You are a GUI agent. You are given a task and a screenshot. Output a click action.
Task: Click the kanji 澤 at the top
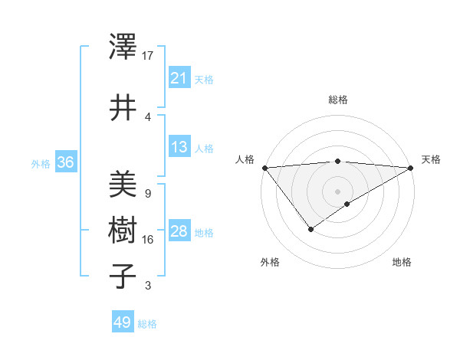coord(123,48)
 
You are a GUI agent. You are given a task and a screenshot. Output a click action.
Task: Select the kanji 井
coord(123,107)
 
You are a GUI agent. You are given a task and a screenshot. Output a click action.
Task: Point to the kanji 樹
coord(123,231)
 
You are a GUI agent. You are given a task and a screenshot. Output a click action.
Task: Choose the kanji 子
coord(123,276)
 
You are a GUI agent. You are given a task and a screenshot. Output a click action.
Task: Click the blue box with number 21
coord(179,78)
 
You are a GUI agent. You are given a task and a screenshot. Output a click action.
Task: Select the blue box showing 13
coord(179,147)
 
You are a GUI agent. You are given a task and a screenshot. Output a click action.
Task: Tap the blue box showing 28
coord(179,231)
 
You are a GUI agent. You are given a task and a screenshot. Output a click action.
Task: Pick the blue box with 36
coord(65,162)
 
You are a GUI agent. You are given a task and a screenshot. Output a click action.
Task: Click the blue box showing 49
coord(123,322)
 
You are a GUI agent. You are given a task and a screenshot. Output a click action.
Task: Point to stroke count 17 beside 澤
coord(148,55)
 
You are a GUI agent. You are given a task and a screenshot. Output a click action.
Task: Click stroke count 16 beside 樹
coord(148,240)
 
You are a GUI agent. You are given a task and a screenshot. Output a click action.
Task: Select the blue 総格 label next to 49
coord(147,324)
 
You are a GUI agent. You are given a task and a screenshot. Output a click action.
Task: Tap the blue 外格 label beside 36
coord(41,163)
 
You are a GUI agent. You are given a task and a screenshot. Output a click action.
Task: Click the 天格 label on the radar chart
coord(431,159)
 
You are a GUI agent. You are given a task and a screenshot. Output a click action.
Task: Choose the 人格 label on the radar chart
coord(245,159)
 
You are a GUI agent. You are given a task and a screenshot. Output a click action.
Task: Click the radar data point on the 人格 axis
coord(264,168)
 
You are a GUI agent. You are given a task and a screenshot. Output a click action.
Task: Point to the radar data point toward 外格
coord(310,228)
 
